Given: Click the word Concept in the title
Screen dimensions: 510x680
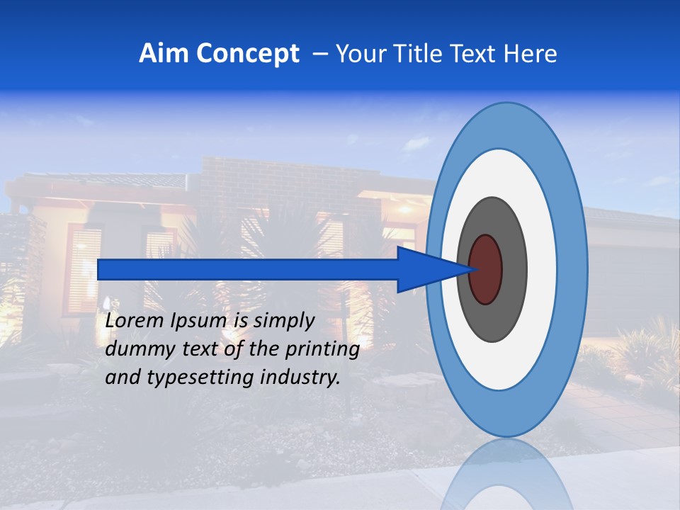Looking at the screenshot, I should point(249,54).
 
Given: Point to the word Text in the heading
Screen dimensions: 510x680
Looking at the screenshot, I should point(477,54).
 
